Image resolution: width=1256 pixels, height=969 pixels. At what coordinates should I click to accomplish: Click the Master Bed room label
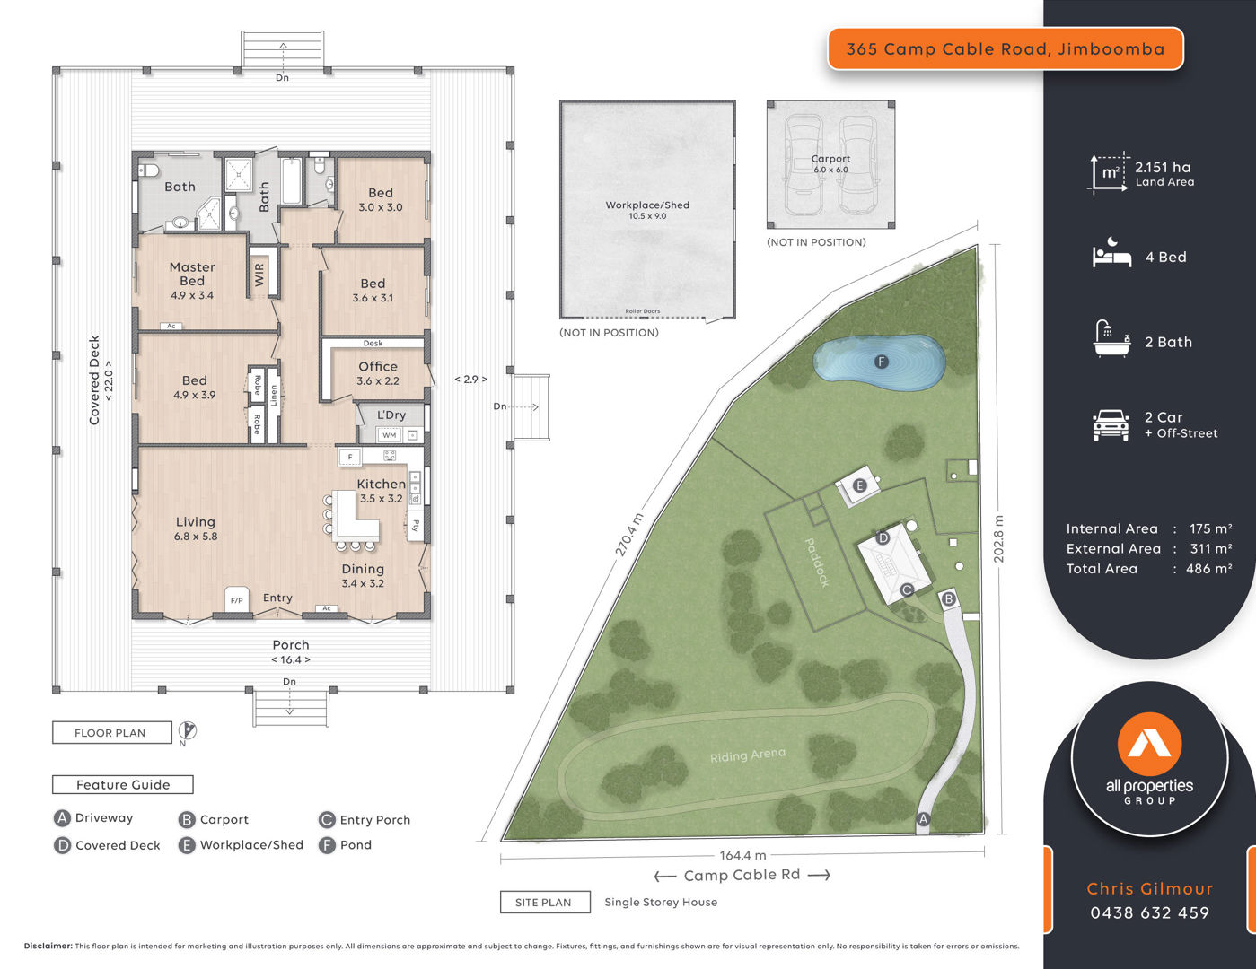192,274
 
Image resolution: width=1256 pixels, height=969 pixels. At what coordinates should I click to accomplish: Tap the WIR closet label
259,275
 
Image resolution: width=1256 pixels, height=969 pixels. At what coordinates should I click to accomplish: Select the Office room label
377,366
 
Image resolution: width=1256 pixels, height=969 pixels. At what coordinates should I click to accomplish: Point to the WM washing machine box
390,435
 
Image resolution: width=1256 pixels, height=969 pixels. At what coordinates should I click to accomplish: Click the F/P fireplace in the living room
237,599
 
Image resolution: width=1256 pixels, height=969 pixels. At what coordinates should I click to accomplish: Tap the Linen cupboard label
274,397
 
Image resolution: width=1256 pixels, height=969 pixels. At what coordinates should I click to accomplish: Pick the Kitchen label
381,484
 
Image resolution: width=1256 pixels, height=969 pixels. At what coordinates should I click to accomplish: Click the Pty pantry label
416,526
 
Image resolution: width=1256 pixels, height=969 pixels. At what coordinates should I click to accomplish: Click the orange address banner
1006,48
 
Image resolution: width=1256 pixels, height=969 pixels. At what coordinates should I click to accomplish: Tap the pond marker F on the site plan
881,362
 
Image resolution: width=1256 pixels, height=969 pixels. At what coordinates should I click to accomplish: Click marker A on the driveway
923,819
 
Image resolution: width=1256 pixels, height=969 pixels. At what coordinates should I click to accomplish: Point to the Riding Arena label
747,755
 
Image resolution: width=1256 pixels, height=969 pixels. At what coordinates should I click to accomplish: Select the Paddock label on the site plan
817,562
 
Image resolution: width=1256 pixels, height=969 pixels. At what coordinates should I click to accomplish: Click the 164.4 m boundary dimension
742,855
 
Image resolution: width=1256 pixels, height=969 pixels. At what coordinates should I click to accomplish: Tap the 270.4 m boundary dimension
628,535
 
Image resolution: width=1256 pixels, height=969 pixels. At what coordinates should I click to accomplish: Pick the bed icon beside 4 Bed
1111,252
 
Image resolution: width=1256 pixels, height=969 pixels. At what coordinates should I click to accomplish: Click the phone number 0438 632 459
1150,912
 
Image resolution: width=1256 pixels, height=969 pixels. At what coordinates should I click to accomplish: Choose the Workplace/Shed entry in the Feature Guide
242,845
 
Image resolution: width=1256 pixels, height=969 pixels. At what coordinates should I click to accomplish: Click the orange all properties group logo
1150,744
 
